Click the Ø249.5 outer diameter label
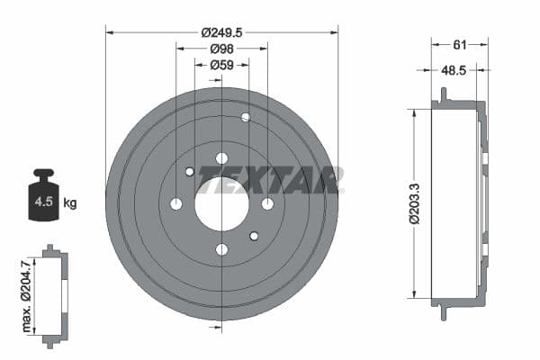(221, 31)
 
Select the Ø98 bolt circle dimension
(221, 49)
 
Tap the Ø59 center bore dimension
(221, 65)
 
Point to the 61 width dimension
(459, 42)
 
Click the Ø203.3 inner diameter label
(413, 203)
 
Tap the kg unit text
(70, 202)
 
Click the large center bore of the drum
(221, 203)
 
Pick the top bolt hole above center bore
(221, 158)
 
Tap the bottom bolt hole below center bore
(221, 249)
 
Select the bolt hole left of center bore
(176, 203)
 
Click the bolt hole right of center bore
(267, 203)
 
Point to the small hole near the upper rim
(246, 117)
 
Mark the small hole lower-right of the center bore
(254, 236)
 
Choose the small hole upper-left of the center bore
(190, 172)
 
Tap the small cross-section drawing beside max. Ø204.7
(54, 293)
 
